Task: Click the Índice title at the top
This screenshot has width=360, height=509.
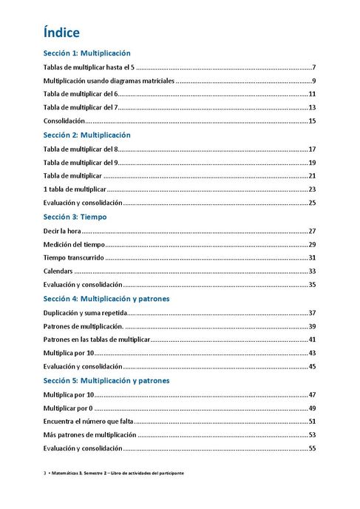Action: point(61,33)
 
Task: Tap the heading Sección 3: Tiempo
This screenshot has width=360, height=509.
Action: point(75,218)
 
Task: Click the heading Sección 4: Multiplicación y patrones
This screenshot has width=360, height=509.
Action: point(106,299)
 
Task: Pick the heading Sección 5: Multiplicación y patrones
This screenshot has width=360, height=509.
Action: point(106,380)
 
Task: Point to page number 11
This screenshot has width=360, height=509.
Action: point(312,94)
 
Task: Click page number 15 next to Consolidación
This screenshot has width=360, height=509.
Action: point(312,121)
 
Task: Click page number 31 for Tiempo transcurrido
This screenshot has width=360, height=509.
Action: point(312,257)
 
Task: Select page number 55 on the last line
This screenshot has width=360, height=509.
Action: point(312,448)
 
